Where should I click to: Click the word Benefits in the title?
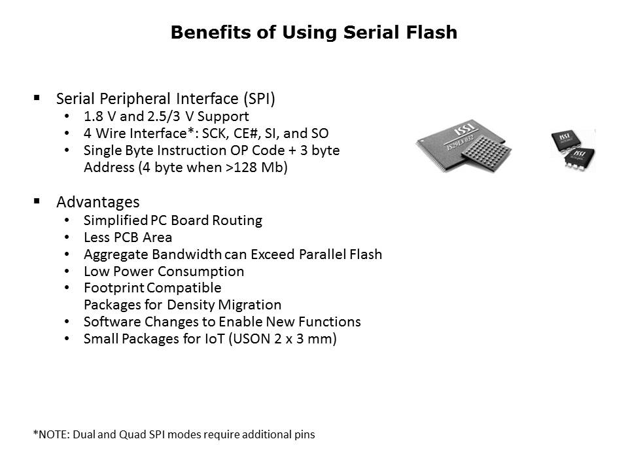pyautogui.click(x=211, y=32)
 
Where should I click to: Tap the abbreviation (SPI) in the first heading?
pyautogui.click(x=259, y=99)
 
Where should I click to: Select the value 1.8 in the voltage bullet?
pyautogui.click(x=94, y=116)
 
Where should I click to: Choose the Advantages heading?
pyautogui.click(x=98, y=202)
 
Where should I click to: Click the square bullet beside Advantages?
pyautogui.click(x=37, y=201)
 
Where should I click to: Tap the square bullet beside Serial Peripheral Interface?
pyautogui.click(x=37, y=97)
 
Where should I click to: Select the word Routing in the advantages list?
pyautogui.click(x=237, y=220)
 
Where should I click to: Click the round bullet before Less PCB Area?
pyautogui.click(x=67, y=237)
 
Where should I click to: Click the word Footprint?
pyautogui.click(x=114, y=288)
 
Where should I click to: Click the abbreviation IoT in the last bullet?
pyautogui.click(x=215, y=339)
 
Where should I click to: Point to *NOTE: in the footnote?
pyautogui.click(x=51, y=434)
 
